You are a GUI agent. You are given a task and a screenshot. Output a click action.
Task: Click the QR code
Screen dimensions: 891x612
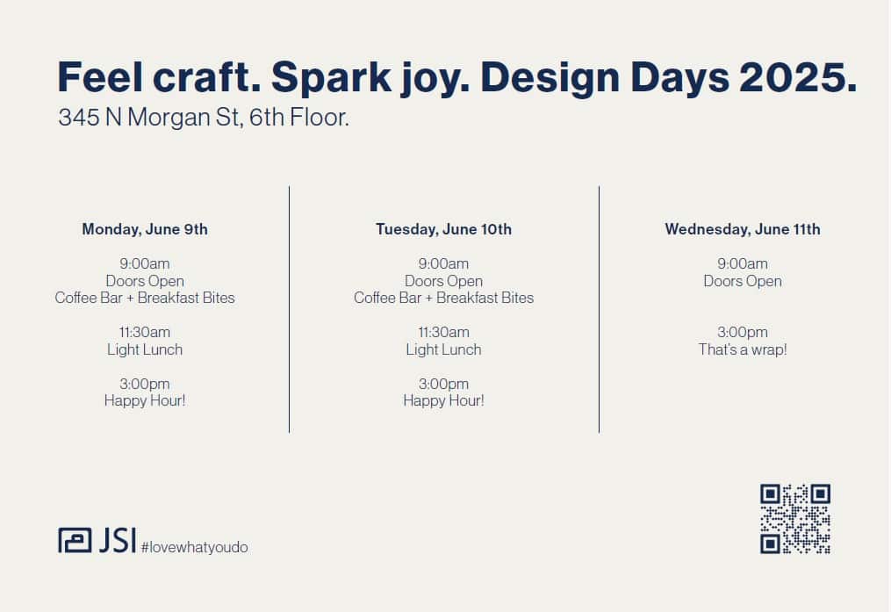[x=795, y=518]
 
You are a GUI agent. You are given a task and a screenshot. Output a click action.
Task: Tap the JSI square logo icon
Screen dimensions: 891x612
[x=75, y=540]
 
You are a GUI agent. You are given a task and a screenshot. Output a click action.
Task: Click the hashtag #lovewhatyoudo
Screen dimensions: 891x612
[x=194, y=547]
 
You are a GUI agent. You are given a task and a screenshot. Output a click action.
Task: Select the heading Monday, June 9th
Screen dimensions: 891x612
[x=145, y=229]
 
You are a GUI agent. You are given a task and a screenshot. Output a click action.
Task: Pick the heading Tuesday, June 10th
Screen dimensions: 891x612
[x=444, y=229]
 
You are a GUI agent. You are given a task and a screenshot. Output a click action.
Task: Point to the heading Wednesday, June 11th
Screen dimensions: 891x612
[x=743, y=229]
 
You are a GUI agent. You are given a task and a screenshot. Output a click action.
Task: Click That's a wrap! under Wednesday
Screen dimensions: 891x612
[x=743, y=349]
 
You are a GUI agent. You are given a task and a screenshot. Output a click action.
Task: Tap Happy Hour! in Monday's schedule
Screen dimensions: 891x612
[x=145, y=400]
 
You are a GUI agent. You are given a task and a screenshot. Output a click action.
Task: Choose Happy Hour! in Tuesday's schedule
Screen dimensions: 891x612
[x=444, y=400]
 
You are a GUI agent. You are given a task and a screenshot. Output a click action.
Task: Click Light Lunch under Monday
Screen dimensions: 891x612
[x=145, y=349]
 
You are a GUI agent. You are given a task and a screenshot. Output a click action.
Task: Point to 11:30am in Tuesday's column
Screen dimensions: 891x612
[x=444, y=332]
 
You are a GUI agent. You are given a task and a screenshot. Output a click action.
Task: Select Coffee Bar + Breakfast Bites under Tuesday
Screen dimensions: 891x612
[x=444, y=298]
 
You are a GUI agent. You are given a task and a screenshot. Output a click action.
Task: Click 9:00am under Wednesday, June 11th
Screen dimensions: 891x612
[x=743, y=263]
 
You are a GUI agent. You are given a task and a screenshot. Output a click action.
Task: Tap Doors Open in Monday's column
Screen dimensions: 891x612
[x=145, y=281]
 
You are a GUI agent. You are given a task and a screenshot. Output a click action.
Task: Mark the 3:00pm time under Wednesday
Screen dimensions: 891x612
[x=743, y=332]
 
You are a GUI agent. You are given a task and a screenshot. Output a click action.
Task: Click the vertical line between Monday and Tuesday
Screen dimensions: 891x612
[x=289, y=309]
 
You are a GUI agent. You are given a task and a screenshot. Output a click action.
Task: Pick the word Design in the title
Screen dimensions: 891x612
[x=550, y=78]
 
